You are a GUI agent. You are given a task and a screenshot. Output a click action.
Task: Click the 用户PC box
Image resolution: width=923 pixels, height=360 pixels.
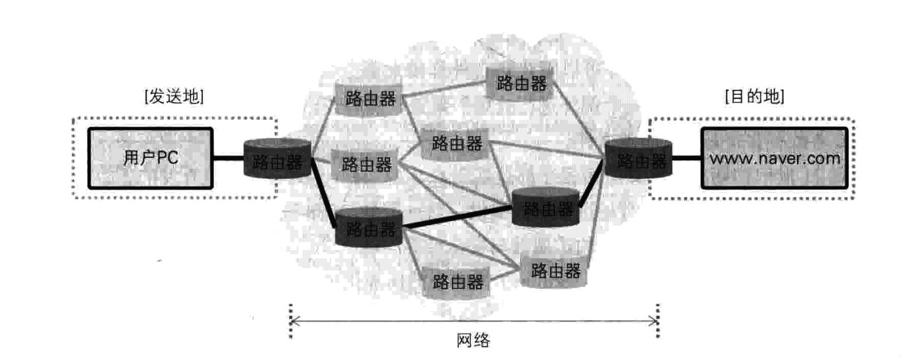(x=151, y=158)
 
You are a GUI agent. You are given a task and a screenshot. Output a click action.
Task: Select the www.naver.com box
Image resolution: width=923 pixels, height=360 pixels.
(x=774, y=158)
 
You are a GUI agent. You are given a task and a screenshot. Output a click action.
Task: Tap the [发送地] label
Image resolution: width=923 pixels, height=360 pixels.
(x=174, y=97)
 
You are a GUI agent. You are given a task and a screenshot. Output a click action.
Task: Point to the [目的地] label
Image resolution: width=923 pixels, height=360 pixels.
(x=754, y=97)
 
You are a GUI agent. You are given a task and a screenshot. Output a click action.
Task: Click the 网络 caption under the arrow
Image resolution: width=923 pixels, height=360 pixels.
(x=473, y=340)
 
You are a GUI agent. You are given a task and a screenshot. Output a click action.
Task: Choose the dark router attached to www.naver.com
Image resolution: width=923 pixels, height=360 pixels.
(x=639, y=159)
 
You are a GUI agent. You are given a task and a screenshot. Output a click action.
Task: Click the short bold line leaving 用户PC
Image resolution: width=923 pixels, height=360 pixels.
(x=228, y=158)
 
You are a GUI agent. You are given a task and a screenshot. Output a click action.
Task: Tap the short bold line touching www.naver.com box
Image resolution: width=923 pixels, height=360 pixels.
(x=686, y=158)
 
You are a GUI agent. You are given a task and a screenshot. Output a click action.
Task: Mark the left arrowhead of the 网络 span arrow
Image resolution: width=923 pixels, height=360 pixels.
(x=294, y=320)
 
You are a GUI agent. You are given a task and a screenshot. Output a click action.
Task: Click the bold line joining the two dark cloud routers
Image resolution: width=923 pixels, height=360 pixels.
(x=457, y=217)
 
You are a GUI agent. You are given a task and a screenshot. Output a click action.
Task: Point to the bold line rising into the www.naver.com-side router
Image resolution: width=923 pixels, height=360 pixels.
(x=591, y=188)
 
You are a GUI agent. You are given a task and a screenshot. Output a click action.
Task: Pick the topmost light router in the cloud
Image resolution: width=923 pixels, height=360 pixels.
(x=519, y=83)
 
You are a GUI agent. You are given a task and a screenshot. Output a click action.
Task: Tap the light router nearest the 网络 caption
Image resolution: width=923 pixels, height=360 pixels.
(x=457, y=282)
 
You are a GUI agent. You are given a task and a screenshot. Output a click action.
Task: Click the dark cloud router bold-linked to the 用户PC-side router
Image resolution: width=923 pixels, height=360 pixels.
(x=369, y=229)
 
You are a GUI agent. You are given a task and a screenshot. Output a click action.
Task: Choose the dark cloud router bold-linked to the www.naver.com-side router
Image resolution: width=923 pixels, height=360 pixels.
(x=545, y=207)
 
